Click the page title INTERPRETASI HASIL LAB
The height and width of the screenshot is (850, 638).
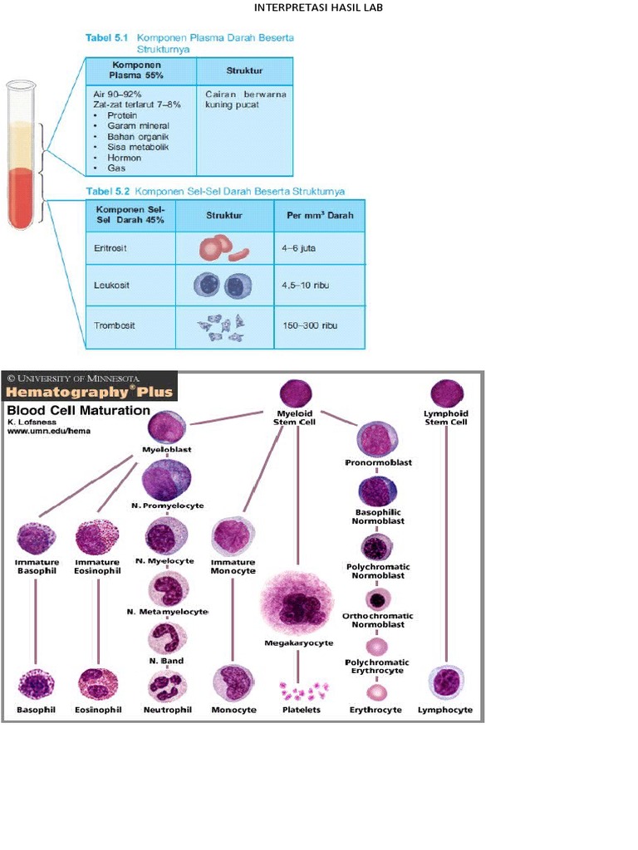click(319, 8)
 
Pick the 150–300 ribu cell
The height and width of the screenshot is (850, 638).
click(308, 325)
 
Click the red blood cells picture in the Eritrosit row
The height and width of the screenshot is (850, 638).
click(223, 248)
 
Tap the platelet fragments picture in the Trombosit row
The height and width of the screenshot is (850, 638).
click(222, 325)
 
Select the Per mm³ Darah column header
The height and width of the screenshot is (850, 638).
click(319, 215)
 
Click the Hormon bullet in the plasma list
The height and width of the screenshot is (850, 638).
click(124, 158)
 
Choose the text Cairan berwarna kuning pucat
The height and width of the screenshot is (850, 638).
click(245, 100)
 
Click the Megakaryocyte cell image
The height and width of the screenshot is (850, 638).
click(297, 603)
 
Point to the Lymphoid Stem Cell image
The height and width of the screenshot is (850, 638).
click(446, 393)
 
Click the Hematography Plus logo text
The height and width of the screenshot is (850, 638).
click(90, 392)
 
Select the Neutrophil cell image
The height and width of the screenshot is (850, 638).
click(167, 686)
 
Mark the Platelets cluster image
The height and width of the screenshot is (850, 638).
click(302, 690)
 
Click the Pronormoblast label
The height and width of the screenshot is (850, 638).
click(378, 462)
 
